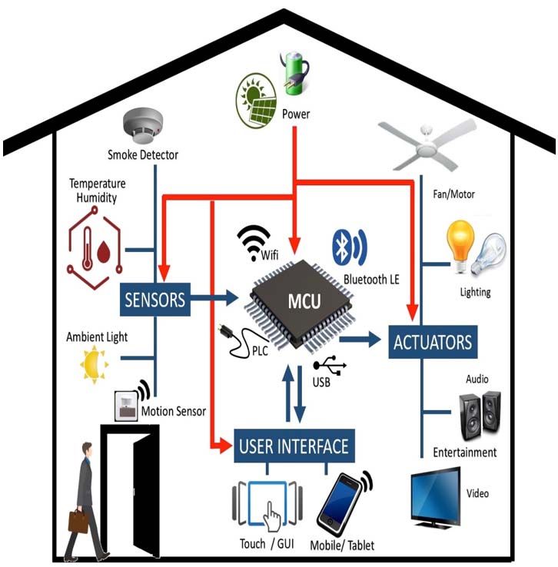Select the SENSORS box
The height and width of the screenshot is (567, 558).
(155, 300)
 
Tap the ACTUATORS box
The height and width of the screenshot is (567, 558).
(433, 342)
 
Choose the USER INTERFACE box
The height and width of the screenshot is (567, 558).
(294, 446)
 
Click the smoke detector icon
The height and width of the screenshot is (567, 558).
(143, 125)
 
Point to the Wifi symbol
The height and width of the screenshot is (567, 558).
(253, 241)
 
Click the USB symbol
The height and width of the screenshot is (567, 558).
(330, 365)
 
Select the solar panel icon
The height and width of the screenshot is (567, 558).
(256, 101)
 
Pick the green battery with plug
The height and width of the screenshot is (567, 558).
(295, 74)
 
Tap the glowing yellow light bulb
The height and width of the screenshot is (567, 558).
(460, 246)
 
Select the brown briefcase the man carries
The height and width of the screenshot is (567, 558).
(78, 522)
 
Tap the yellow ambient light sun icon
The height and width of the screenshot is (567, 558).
(94, 364)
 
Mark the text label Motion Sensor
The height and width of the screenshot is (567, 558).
(174, 411)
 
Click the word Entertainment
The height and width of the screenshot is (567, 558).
(465, 453)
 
